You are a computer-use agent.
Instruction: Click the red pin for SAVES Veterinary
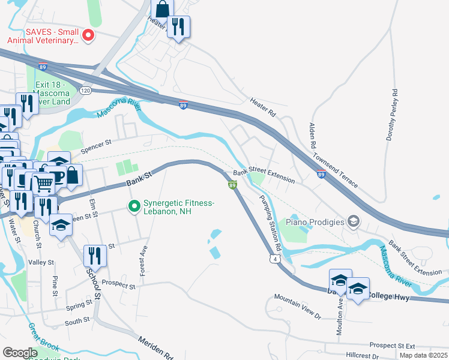pos(88,35)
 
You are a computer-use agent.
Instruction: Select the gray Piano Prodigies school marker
pos(354,222)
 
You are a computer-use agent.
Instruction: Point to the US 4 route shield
pos(274,258)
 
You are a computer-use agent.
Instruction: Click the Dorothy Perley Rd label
pos(393,115)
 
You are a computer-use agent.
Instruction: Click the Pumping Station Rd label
pos(270,223)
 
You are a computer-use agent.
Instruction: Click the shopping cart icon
pos(43,184)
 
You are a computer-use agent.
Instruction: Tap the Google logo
pos(20,352)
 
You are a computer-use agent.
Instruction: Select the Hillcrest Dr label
pos(354,356)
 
